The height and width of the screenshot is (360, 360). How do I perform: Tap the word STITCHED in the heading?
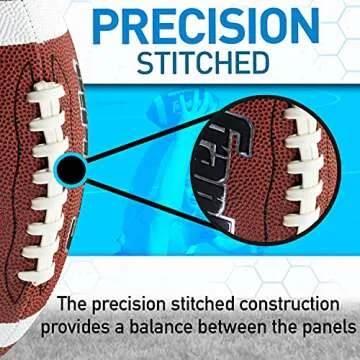202,62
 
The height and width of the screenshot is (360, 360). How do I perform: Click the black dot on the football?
70,172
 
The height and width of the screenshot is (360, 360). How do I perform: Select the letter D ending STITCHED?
262,62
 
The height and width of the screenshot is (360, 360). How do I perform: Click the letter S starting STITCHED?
145,62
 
